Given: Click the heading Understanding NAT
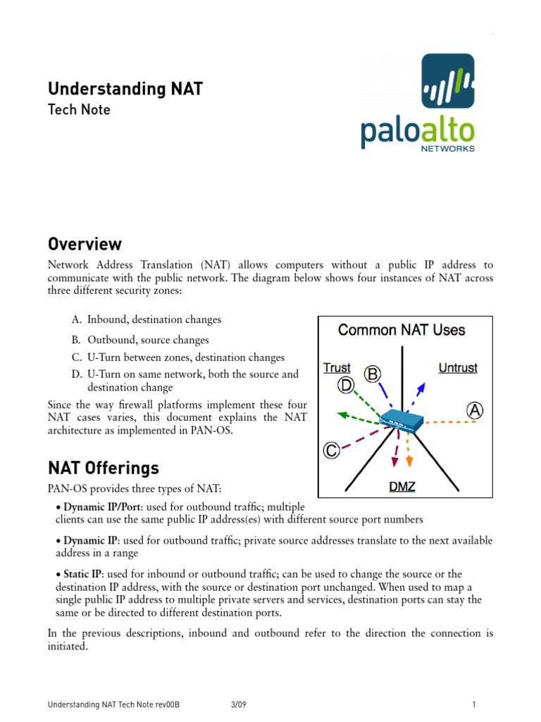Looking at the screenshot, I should [125, 89].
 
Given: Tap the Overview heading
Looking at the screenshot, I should [85, 245].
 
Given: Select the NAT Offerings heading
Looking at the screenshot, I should [104, 468].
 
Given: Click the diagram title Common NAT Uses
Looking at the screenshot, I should [402, 330].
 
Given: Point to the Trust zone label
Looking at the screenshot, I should [337, 367].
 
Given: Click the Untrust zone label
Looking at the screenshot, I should [458, 367].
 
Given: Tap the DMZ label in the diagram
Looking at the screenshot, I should [402, 487].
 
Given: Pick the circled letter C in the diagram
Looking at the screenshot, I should [331, 450].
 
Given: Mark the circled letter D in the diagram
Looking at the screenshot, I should [346, 385].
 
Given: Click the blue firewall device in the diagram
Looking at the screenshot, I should [401, 422].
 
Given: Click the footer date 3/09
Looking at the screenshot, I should [237, 704].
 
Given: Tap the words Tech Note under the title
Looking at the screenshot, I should [79, 110].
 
